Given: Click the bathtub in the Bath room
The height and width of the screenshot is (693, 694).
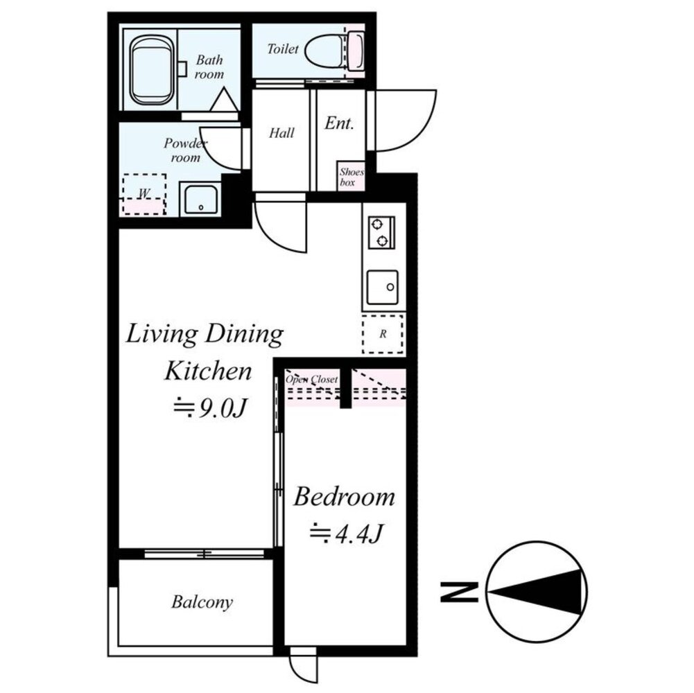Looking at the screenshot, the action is (152, 71).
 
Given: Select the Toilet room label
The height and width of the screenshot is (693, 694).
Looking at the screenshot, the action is (282, 49).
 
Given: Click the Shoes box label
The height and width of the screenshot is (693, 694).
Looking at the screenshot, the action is (352, 177).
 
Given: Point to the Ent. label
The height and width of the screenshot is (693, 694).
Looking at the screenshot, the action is (339, 123).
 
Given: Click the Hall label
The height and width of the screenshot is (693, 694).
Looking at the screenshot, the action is (281, 133).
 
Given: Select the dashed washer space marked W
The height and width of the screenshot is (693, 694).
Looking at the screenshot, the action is (144, 194).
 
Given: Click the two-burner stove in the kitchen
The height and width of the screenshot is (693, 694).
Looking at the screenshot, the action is (381, 232).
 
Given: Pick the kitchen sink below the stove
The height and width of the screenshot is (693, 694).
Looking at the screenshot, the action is (383, 288).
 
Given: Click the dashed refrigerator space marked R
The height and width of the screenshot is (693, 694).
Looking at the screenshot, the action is (383, 334).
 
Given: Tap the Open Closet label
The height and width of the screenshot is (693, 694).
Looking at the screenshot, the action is (311, 380).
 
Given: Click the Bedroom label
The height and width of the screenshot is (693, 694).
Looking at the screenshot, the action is (344, 496).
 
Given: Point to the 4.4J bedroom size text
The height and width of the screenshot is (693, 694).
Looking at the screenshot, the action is (346, 533).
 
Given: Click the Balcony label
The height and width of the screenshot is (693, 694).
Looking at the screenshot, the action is (202, 602).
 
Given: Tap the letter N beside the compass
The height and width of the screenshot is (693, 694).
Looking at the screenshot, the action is (459, 592).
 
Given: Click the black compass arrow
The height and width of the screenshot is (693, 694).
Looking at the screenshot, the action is (535, 592).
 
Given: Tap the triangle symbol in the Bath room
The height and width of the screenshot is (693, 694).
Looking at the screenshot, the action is (224, 99).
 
